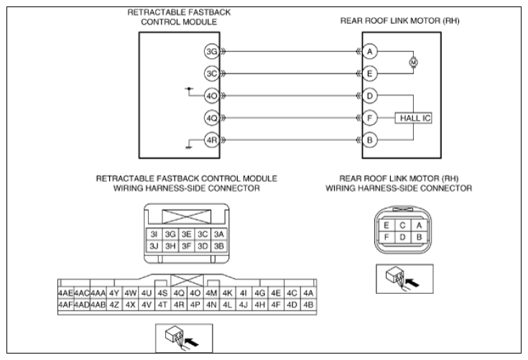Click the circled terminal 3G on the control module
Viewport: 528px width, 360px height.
coord(212,52)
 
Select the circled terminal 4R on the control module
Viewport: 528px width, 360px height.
coord(212,140)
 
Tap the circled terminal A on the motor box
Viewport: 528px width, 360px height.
coord(370,52)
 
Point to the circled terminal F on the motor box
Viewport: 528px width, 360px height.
coord(370,119)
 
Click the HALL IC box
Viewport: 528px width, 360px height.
coord(414,119)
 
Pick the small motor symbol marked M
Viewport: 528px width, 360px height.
coord(414,63)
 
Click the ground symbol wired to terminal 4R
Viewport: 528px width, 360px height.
coord(188,147)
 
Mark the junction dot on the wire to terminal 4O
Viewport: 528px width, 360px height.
coord(189,89)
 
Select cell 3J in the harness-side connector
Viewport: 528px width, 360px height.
coord(154,246)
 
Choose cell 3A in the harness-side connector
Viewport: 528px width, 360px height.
coord(219,234)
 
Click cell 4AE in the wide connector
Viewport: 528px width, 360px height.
coord(65,293)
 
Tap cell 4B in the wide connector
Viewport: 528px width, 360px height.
coord(308,305)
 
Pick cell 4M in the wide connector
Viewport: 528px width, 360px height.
coord(211,293)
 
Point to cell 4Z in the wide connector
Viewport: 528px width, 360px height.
coord(114,305)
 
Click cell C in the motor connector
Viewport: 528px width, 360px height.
coord(402,226)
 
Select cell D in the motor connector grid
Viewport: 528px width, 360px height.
coord(402,237)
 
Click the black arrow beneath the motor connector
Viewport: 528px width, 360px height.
coord(412,282)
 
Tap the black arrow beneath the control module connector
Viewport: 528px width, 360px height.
coord(192,342)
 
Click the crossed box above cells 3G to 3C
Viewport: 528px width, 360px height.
coord(187,216)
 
